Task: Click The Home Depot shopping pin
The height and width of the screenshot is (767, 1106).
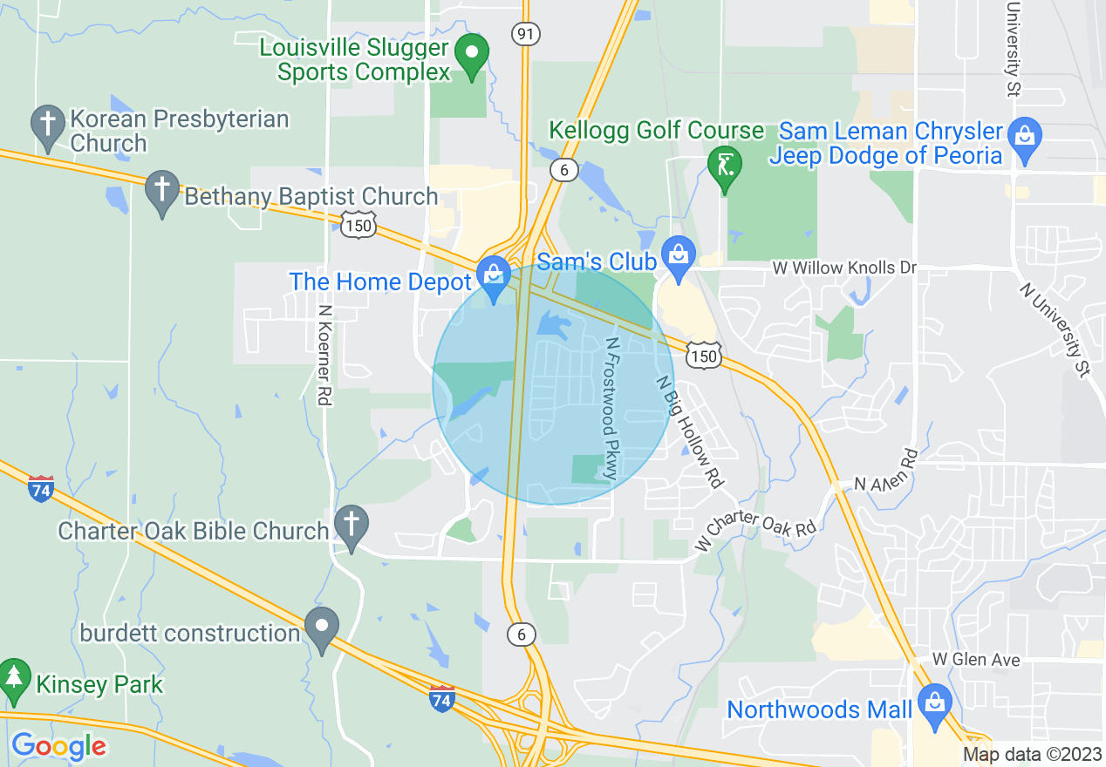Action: coord(494,276)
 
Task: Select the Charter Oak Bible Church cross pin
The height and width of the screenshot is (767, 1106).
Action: coord(351,526)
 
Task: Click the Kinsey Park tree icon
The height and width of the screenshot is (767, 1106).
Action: coord(13,678)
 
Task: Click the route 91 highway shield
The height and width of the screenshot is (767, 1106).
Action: coord(526,34)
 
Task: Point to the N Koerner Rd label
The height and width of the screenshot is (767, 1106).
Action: coord(324,353)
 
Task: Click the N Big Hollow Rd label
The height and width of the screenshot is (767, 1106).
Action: coord(690,431)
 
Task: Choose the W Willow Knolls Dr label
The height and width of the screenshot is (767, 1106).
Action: coord(844,268)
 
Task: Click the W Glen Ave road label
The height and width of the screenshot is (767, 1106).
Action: coord(975,660)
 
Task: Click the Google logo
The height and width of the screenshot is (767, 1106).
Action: coord(58,746)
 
